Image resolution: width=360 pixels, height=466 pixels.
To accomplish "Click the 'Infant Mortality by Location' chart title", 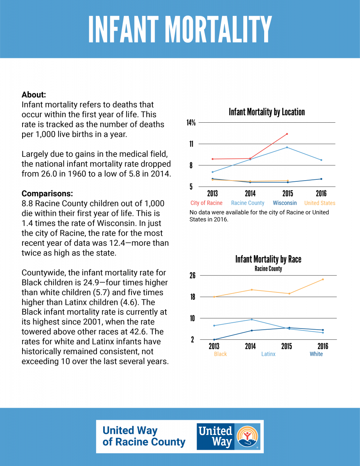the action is click(267, 112).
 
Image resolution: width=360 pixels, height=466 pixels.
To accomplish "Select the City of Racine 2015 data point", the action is click(287, 134).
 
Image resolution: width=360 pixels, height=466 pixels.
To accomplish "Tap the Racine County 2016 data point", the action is click(321, 160).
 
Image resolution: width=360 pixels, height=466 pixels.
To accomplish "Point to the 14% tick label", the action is click(191, 123).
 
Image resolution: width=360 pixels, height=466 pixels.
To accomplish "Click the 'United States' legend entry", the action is click(320, 203).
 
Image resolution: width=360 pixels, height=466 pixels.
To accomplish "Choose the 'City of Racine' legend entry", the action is click(206, 203).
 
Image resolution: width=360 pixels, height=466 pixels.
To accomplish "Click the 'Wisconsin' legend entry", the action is click(285, 203).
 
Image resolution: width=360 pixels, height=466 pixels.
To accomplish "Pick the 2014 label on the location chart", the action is click(250, 193).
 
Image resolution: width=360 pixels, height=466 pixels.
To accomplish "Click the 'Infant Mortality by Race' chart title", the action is click(268, 259).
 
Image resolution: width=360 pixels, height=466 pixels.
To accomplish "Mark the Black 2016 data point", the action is click(323, 279).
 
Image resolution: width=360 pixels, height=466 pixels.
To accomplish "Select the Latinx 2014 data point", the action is click(252, 320).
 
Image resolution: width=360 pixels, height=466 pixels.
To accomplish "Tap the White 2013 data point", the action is click(214, 339).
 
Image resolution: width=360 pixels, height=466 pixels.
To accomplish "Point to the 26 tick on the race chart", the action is click(192, 275).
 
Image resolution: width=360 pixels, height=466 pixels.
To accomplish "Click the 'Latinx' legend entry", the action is click(268, 354).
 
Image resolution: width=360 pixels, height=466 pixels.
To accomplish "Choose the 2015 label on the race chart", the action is click(287, 346).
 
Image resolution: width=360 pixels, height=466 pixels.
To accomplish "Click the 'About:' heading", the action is click(34, 95).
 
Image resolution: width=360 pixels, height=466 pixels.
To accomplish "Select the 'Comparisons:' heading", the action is click(47, 193).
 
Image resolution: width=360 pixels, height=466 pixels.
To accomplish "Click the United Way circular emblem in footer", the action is click(247, 436).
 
